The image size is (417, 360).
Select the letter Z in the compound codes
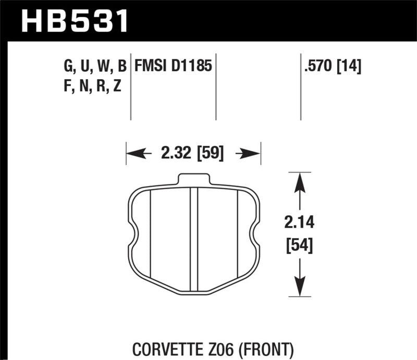(x=117, y=86)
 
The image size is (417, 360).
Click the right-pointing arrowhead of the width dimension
(x=253, y=154)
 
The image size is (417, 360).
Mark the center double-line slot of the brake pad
(x=194, y=237)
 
